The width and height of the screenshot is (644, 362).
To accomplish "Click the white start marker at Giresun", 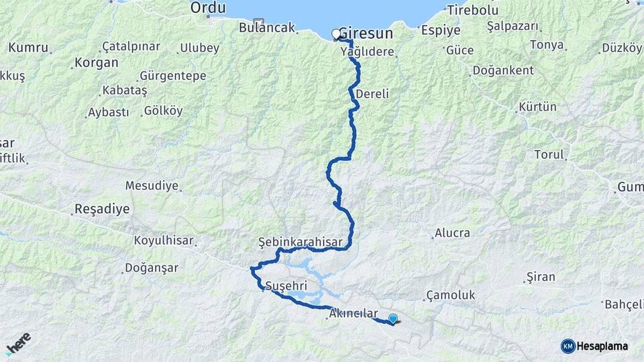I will pyautogui.click(x=336, y=34).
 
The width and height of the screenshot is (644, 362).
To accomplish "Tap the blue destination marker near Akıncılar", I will pyautogui.click(x=392, y=319).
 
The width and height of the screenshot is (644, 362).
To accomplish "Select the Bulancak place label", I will pyautogui.click(x=267, y=27).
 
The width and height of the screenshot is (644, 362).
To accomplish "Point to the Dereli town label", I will pyautogui.click(x=372, y=94).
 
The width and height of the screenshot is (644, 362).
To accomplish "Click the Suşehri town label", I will pyautogui.click(x=286, y=286).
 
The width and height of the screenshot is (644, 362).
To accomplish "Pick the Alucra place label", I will pyautogui.click(x=452, y=233).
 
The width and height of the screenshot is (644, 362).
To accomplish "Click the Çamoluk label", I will pyautogui.click(x=450, y=295).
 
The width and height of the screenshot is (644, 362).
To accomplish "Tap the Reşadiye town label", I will pyautogui.click(x=101, y=209).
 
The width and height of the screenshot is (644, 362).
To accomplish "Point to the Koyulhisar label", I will pyautogui.click(x=164, y=240).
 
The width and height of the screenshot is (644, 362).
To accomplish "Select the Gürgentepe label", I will pyautogui.click(x=172, y=76).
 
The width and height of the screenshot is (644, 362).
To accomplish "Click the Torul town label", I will pyautogui.click(x=549, y=154).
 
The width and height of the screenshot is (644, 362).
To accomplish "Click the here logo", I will pyautogui.click(x=18, y=343).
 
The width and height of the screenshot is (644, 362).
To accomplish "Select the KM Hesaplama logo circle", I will pyautogui.click(x=568, y=346).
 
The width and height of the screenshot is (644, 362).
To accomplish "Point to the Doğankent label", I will pyautogui.click(x=503, y=70).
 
